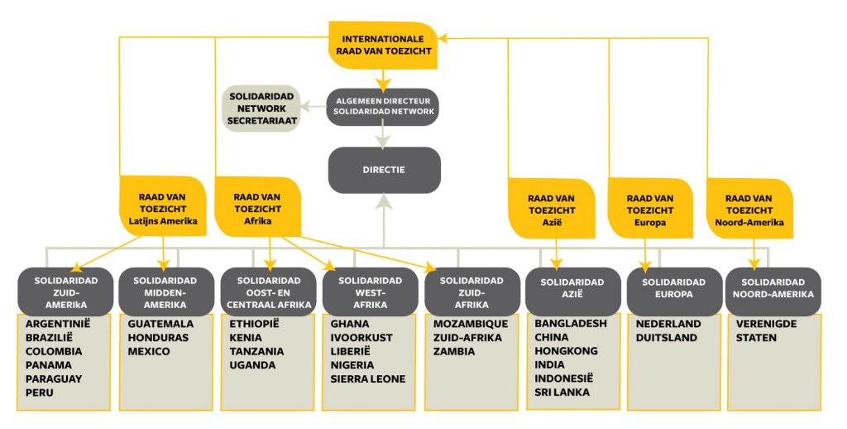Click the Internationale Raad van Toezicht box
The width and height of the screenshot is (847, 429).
[383, 46]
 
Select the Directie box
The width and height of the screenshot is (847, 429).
[384, 170]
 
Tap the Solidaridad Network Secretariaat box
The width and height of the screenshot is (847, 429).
[262, 108]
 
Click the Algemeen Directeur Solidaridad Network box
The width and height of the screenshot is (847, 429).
[383, 107]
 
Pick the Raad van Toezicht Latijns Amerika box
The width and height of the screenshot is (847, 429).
[163, 206]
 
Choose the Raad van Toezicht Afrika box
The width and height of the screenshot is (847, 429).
[258, 207]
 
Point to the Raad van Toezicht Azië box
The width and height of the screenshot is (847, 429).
[552, 209]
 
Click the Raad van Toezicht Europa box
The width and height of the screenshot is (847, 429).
[650, 209]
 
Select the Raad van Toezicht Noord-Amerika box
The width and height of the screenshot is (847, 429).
[749, 209]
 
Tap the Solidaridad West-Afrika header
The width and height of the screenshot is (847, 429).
[370, 292]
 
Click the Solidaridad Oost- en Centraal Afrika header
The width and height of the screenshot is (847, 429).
[269, 292]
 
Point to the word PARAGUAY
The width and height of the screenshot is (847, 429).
[54, 378]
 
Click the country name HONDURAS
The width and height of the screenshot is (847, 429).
[158, 338]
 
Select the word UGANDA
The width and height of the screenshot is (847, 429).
[252, 365]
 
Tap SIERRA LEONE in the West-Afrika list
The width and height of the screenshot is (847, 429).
[368, 378]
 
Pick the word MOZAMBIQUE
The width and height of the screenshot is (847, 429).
[471, 324]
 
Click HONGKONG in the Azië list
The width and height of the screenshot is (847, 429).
[566, 350]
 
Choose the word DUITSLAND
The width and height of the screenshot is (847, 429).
[666, 338]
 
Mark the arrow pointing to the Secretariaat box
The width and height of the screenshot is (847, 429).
[313, 107]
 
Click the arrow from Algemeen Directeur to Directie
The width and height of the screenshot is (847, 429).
[383, 137]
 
